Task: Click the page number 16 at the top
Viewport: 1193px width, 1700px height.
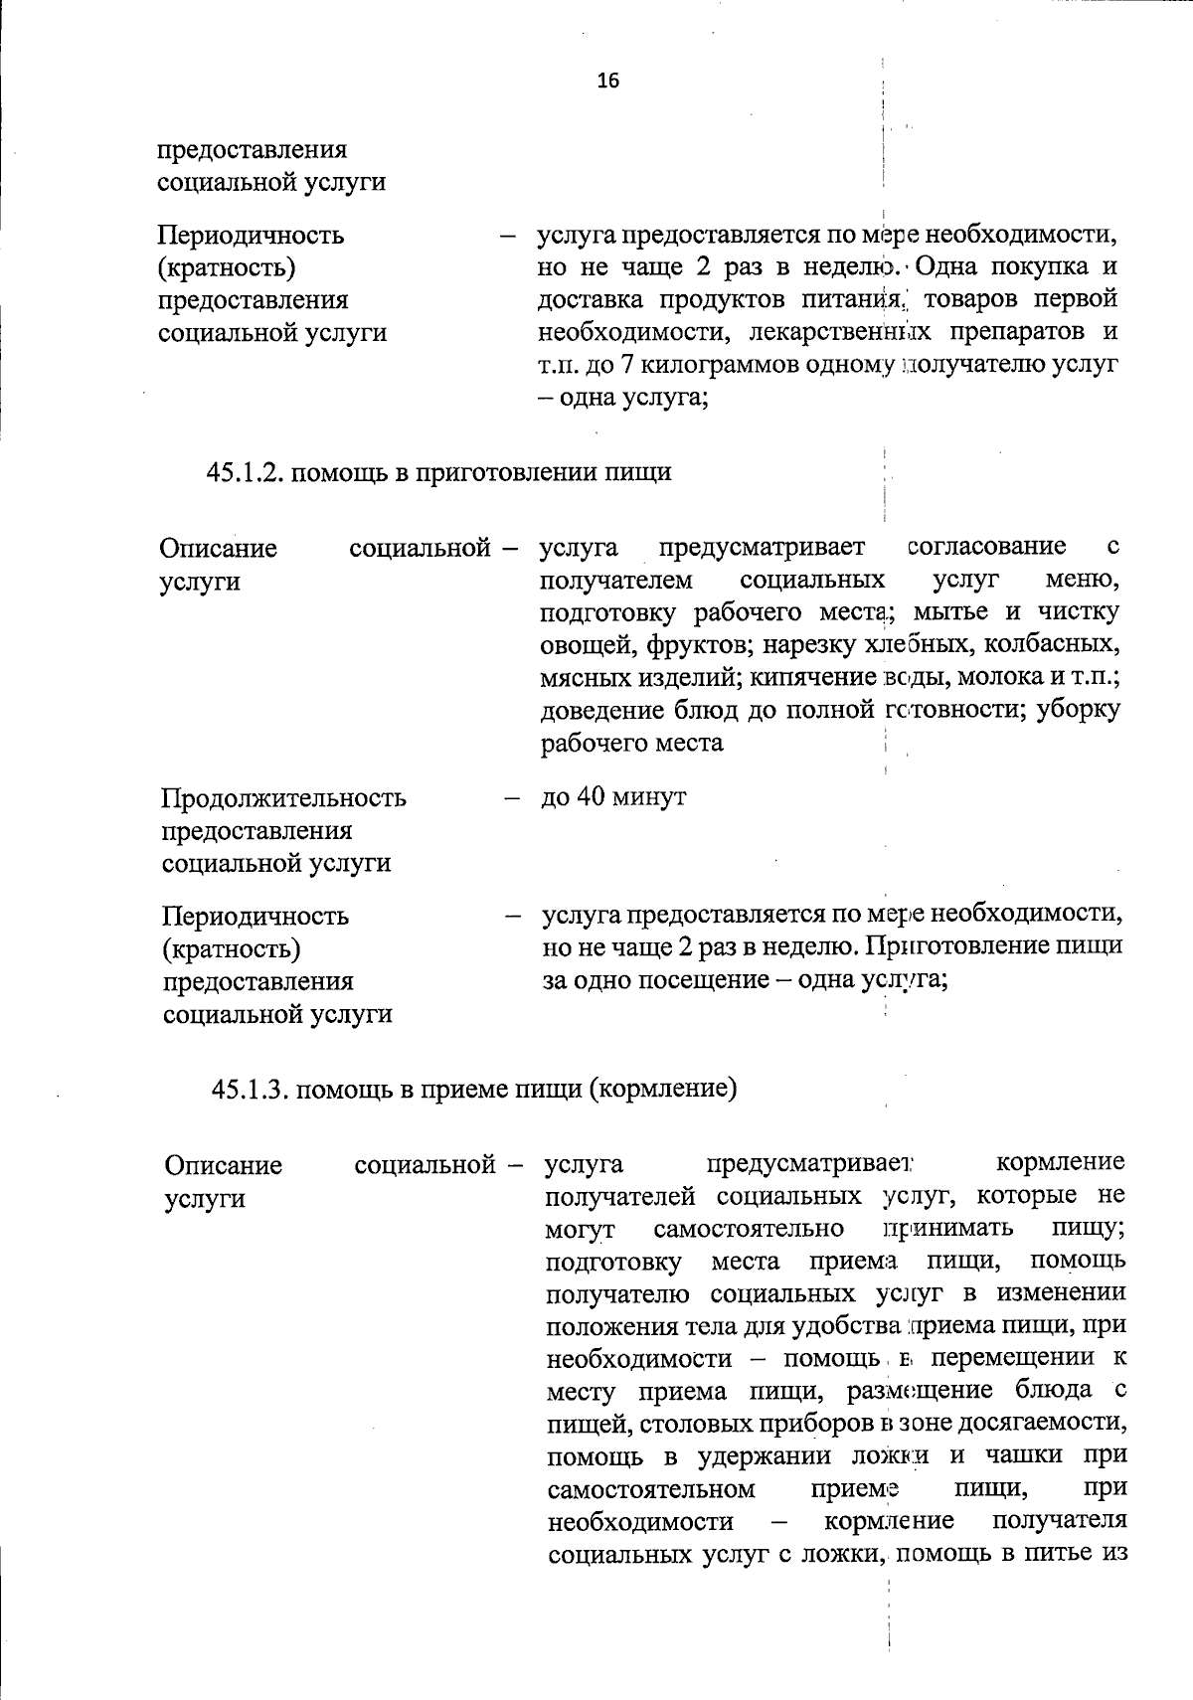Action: (607, 81)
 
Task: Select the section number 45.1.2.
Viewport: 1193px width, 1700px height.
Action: (244, 472)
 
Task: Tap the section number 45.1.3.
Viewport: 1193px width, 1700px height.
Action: (249, 1090)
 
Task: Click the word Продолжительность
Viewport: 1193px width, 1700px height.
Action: (284, 798)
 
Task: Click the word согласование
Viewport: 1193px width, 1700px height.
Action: (986, 547)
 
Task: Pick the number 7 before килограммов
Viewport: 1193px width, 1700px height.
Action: (628, 365)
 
